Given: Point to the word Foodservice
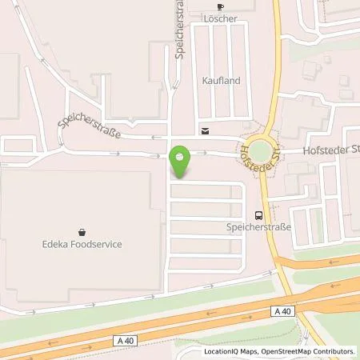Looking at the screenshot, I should click(97, 244).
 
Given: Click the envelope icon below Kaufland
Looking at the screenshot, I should click(206, 130).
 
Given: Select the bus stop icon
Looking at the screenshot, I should click(258, 214).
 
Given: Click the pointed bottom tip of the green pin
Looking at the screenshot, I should click(182, 176).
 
